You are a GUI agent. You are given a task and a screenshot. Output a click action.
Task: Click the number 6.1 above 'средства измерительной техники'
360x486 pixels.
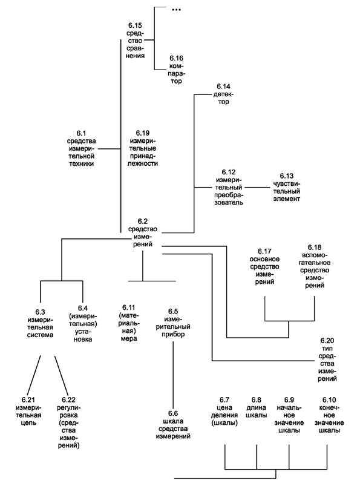tap(81, 133)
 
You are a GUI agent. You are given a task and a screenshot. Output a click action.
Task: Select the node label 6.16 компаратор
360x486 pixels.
tap(176, 70)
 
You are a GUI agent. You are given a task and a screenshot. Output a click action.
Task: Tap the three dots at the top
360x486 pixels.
tap(176, 10)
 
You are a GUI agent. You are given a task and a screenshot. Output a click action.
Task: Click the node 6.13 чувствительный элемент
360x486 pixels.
tap(287, 187)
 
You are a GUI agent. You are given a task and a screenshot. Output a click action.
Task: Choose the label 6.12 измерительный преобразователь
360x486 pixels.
tap(229, 187)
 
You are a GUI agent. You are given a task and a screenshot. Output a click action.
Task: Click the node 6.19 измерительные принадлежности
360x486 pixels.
tap(143, 148)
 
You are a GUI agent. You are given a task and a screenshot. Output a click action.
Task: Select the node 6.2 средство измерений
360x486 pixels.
tap(143, 233)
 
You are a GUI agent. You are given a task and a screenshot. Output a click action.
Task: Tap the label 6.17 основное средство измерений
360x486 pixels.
tap(264, 266)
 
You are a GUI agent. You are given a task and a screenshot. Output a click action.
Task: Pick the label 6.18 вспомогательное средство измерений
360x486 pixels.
tap(315, 266)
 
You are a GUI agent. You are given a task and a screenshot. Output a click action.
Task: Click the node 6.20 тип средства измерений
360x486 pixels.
tap(327, 360)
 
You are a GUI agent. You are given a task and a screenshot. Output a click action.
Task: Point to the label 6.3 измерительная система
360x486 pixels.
tap(41, 323)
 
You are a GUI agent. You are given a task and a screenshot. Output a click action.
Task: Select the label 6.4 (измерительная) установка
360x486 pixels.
tap(83, 323)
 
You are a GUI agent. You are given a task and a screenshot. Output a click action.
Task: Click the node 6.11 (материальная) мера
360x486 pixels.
tap(129, 323)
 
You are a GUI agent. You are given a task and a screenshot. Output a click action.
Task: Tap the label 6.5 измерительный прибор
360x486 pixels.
tap(173, 323)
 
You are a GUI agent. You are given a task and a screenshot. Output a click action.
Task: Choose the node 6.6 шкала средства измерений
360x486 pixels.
tap(173, 425)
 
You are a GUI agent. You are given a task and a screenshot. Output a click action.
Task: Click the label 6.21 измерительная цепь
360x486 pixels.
tap(28, 412)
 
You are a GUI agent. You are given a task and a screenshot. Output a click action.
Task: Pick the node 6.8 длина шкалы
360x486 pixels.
tap(257, 407)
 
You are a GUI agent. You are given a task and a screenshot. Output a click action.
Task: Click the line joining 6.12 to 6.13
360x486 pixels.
tap(257, 187)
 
